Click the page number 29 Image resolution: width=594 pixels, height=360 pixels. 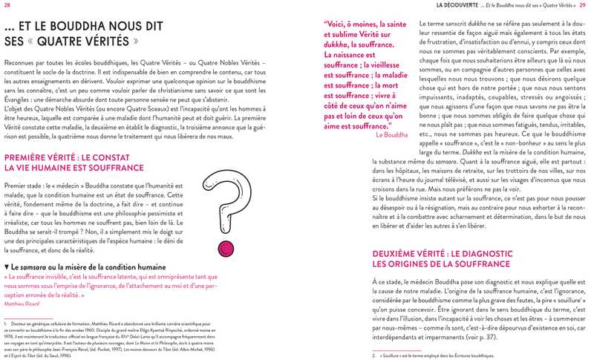pyautogui.click(x=583, y=5)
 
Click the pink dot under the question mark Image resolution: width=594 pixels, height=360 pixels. pyautogui.click(x=221, y=247)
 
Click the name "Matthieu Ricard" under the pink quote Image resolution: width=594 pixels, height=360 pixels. pyautogui.click(x=22, y=304)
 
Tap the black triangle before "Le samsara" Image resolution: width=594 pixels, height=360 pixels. pyautogui.click(x=7, y=266)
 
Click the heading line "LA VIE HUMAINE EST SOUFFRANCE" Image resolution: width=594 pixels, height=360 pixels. pyautogui.click(x=74, y=168)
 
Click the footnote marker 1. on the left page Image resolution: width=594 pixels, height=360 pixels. pyautogui.click(x=6, y=324)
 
